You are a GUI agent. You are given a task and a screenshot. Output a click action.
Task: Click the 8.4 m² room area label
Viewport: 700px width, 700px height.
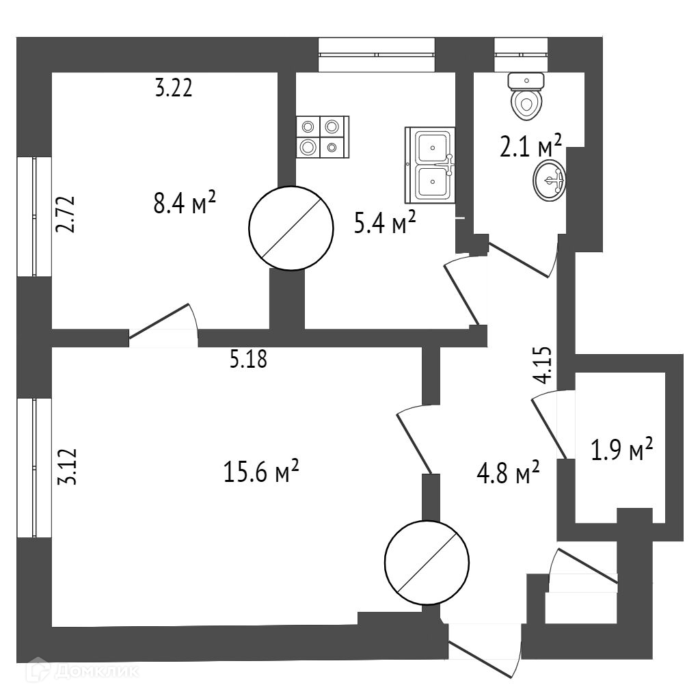coord(185,204)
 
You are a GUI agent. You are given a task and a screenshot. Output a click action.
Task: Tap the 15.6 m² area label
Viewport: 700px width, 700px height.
coord(261,471)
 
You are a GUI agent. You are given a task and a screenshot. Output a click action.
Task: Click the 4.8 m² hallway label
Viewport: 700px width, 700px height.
coord(508,471)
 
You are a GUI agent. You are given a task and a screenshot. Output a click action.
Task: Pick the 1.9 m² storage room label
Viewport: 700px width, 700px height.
coord(621,450)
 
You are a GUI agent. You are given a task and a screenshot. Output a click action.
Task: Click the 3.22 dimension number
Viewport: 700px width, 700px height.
coord(174,88)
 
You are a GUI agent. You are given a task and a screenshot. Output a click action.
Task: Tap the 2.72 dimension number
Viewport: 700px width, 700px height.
coord(66,215)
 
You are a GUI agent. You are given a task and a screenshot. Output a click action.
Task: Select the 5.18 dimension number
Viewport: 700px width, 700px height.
coord(247,359)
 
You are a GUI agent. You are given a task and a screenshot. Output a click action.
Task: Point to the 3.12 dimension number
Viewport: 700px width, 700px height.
coord(67,467)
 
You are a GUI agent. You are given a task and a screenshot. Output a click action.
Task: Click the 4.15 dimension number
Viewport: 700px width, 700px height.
coord(544,366)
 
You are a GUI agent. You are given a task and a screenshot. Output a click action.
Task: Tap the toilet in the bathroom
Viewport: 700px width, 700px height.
coord(526,96)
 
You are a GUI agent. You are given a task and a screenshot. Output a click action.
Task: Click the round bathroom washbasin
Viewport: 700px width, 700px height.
coord(549,180)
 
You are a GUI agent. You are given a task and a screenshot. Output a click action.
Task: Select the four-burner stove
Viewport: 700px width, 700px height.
coord(322,137)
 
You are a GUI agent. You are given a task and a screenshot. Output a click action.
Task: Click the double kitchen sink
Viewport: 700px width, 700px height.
coord(431,165)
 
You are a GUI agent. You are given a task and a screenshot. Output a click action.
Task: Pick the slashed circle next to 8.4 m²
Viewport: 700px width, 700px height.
coord(291,227)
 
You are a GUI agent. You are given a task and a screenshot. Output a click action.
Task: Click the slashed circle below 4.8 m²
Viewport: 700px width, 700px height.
coord(427,563)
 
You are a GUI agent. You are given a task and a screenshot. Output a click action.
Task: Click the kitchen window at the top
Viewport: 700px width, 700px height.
coord(376,55)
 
